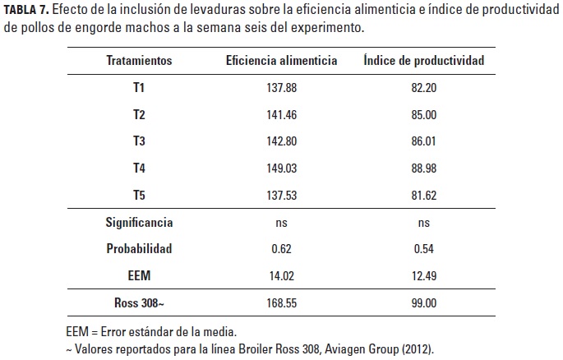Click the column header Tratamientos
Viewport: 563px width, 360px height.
point(139,61)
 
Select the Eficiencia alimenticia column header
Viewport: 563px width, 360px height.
point(282,61)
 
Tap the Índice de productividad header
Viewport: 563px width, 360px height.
point(424,61)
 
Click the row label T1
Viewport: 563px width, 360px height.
point(139,87)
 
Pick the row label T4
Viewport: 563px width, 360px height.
point(139,168)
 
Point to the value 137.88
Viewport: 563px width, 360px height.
point(282,87)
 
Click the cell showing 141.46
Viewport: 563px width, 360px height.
point(282,114)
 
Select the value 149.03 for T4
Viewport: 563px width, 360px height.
point(282,168)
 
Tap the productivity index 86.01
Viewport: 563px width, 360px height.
point(424,141)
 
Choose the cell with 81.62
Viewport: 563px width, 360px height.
point(424,195)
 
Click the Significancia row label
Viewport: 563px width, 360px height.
point(139,222)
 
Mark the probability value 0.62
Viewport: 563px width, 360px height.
point(282,249)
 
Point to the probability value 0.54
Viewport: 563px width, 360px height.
point(424,249)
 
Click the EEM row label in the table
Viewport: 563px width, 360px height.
point(139,276)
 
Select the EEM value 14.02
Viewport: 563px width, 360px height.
point(282,276)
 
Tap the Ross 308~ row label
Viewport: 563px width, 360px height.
point(139,303)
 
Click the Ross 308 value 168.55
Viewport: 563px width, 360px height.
point(282,303)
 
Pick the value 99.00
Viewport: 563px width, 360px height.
point(424,303)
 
